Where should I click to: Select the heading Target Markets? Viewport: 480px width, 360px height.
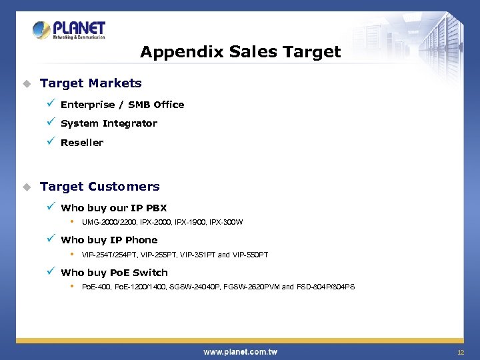[x=91, y=83]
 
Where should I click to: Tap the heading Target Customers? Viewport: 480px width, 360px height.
[x=100, y=187]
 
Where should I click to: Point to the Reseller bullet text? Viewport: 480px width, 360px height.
[x=82, y=143]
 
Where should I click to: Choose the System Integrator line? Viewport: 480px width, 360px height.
[x=109, y=123]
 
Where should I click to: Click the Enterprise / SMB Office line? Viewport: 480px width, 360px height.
[x=122, y=105]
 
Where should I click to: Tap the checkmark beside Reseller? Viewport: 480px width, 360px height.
[x=51, y=141]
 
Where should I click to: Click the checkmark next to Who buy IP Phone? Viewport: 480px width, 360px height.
[x=51, y=239]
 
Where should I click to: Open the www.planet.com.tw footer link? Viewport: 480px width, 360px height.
[x=240, y=351]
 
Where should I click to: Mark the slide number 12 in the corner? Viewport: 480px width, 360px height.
[x=460, y=352]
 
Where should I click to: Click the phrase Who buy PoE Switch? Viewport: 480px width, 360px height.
[x=114, y=273]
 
